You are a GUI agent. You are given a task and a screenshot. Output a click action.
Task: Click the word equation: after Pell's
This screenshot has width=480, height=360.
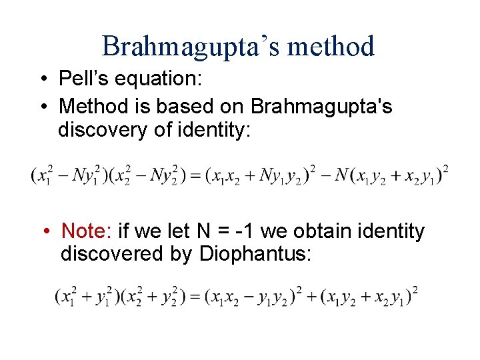point(159,79)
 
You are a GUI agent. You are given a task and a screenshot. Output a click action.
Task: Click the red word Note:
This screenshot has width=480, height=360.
point(86,231)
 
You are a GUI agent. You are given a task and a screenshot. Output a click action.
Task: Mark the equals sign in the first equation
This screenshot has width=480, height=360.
point(195,176)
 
